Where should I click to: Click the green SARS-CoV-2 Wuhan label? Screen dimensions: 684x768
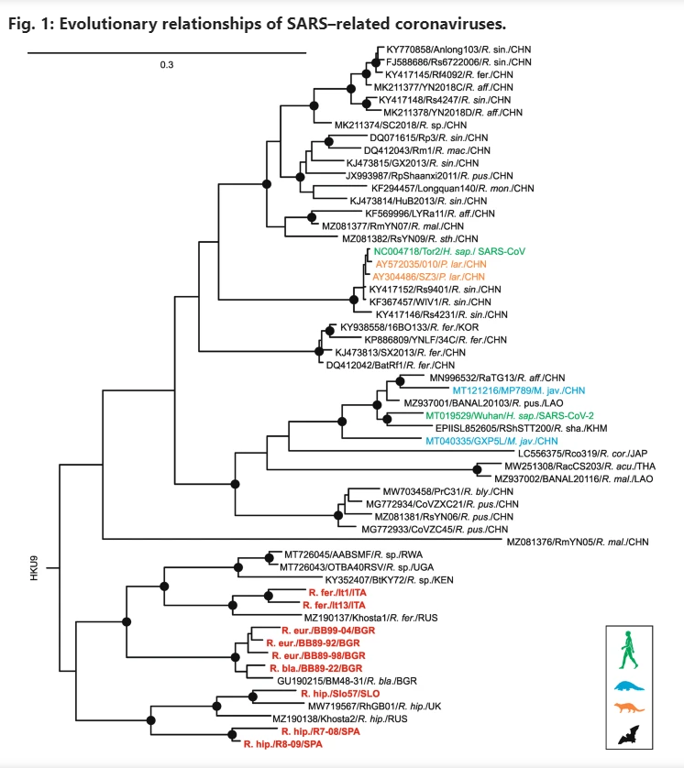(510, 416)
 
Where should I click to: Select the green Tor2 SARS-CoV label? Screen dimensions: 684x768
(449, 251)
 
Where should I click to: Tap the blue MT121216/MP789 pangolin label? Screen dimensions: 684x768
(519, 390)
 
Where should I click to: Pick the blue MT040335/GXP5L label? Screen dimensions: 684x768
(491, 441)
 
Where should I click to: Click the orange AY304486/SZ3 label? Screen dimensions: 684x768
(428, 277)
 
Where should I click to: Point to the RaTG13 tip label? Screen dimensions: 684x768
(497, 378)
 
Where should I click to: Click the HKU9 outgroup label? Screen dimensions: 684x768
(34, 568)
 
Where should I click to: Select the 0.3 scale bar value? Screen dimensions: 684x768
(167, 65)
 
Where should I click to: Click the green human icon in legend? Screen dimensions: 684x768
(628, 650)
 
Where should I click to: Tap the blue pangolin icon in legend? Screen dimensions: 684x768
(629, 686)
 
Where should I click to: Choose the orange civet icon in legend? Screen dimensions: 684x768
(630, 708)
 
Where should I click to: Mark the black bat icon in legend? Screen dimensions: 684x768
(629, 735)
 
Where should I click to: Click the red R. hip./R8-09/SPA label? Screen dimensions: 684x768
(283, 744)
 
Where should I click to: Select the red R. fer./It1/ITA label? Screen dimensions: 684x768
(337, 593)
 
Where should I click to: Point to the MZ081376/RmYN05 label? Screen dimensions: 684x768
(578, 542)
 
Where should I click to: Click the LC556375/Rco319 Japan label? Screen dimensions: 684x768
(582, 454)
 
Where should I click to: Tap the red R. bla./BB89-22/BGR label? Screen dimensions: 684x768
(316, 668)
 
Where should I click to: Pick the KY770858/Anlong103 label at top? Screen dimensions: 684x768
(458, 49)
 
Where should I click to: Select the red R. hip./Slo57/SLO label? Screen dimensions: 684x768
(340, 694)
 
